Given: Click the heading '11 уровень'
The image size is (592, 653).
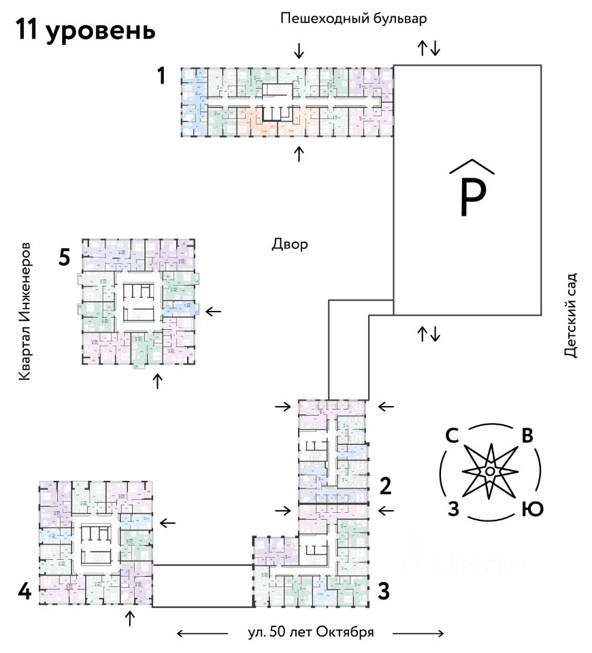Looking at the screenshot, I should (x=85, y=30).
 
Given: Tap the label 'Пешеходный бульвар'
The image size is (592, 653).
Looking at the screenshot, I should (x=354, y=18).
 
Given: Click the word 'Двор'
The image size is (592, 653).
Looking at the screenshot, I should (x=291, y=244).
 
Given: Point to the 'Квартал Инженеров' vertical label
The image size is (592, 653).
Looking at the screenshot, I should (x=25, y=309).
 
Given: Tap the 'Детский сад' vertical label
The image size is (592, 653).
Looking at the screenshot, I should (x=570, y=315).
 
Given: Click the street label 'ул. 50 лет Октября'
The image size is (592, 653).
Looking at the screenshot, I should (x=311, y=632).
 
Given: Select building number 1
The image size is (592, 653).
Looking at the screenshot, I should (x=161, y=76).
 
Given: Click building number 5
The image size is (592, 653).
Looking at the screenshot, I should (x=65, y=258).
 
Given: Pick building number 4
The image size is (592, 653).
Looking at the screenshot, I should (x=24, y=592).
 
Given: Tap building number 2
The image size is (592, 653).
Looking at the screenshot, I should (x=386, y=486).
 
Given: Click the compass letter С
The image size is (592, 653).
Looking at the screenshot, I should (x=450, y=436).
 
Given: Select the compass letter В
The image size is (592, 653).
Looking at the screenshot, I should (x=527, y=436).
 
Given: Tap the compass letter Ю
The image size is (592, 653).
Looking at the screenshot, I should (x=532, y=508).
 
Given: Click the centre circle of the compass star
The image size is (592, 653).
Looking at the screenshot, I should (x=489, y=471).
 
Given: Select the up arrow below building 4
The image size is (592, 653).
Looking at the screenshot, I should (x=130, y=619).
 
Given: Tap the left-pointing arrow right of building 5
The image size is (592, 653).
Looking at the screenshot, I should (x=214, y=311).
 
